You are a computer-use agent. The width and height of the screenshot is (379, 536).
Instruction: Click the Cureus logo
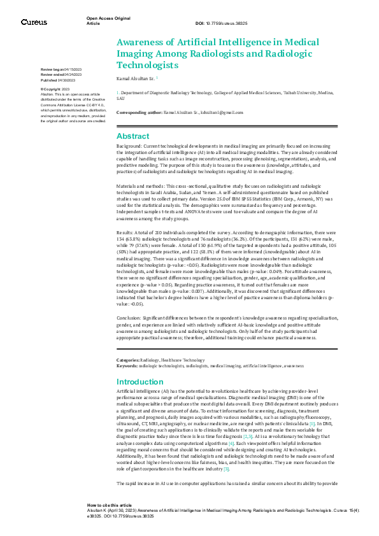(x=34, y=22)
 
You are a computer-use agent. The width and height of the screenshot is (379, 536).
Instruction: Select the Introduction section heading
(x=140, y=382)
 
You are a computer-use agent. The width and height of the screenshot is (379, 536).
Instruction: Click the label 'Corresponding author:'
(x=137, y=112)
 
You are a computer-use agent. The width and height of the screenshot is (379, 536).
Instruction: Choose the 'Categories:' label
(x=127, y=361)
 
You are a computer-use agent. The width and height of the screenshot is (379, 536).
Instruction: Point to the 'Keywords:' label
(x=127, y=366)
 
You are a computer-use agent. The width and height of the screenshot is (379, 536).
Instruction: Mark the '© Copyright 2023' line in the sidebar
(x=56, y=89)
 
